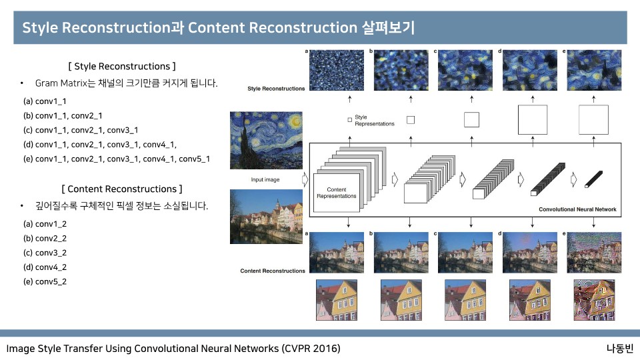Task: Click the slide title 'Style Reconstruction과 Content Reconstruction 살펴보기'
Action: point(219,29)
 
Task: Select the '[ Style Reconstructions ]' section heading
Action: point(122,66)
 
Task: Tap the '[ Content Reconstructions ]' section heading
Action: point(121,189)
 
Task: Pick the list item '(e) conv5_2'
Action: point(45,281)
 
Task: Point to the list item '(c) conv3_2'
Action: point(45,252)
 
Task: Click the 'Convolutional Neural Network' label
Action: point(577,209)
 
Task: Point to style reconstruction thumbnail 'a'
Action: point(333,73)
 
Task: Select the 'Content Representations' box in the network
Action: point(337,193)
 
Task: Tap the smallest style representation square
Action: point(350,119)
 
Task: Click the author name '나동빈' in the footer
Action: point(619,349)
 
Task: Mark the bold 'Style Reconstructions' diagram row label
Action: point(276,89)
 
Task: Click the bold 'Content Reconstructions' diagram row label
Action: point(273,271)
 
